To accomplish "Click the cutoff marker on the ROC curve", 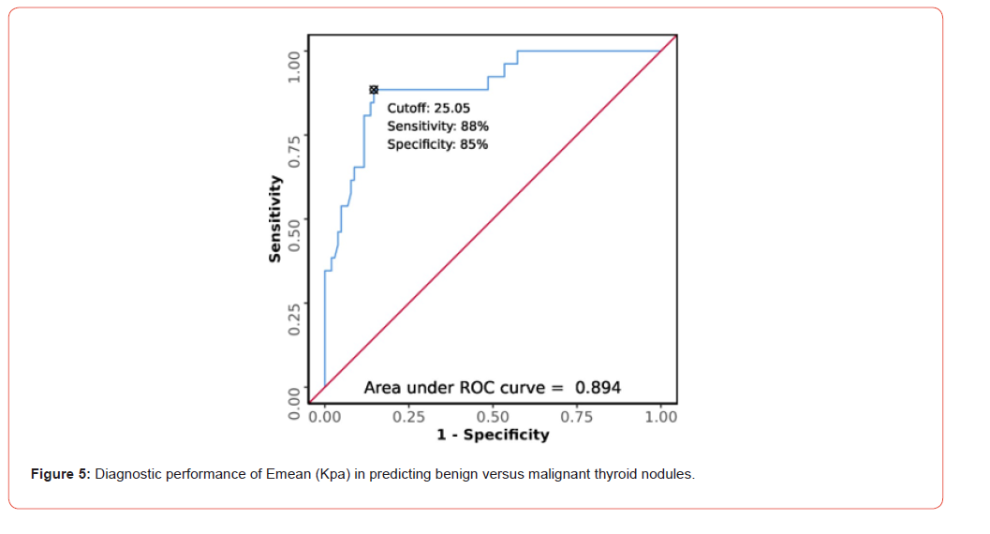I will coord(374,89).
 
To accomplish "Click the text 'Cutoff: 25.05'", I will coord(428,108).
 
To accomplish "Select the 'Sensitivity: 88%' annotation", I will coord(437,126).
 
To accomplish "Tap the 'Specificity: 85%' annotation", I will coord(437,144).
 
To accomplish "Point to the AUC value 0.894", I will coord(598,387).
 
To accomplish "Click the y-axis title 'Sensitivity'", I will coord(275,218).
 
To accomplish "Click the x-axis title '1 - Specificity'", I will coord(493,434).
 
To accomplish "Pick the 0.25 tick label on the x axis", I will coord(409,416).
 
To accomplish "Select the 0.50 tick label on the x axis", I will coord(493,416).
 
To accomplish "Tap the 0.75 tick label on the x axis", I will coord(577,416).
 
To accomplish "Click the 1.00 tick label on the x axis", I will coord(660,416).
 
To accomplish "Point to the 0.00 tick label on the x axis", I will coord(325,416).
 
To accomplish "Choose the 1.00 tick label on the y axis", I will coord(295,67).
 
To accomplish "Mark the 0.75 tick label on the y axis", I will coord(295,151).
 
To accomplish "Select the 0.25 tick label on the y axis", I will coord(295,319).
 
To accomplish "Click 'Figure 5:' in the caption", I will coord(61,474).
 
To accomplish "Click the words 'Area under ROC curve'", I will coord(454,387).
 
